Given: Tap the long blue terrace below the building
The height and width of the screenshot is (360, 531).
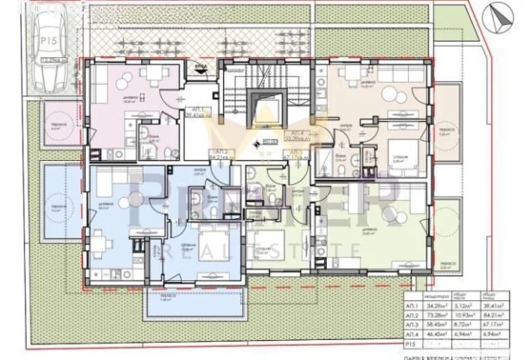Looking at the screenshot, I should tap(187, 303).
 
